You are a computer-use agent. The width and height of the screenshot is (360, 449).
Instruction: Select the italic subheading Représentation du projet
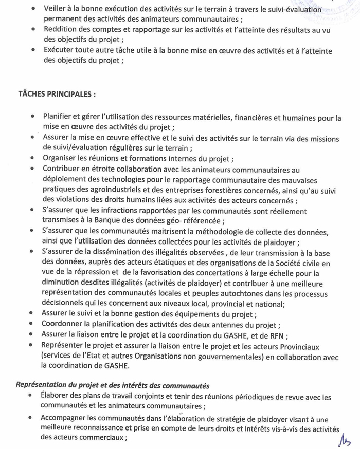pyautogui.click(x=113, y=385)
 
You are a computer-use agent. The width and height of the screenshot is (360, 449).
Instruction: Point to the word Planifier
pyautogui.click(x=59, y=117)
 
